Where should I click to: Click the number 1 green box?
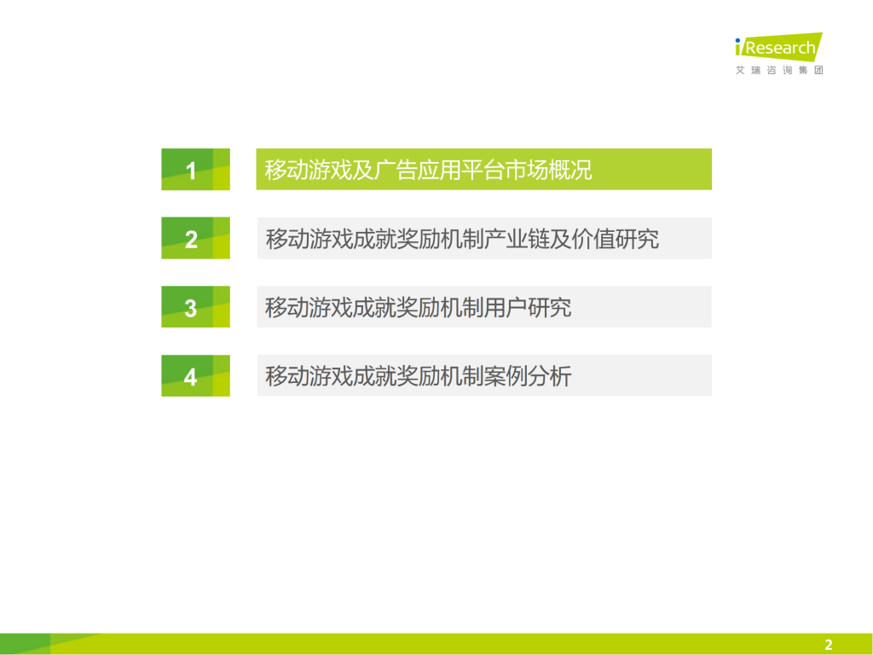pos(195,170)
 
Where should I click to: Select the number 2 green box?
pos(195,238)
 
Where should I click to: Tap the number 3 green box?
pos(195,307)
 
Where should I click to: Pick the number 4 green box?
pos(195,375)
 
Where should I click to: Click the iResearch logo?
pos(778,48)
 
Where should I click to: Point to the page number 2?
pos(828,645)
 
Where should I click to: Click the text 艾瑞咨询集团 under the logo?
pos(779,70)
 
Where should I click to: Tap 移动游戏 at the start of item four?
pos(308,375)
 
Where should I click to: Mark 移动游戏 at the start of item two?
pos(308,239)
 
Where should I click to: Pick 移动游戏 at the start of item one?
pos(308,170)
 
